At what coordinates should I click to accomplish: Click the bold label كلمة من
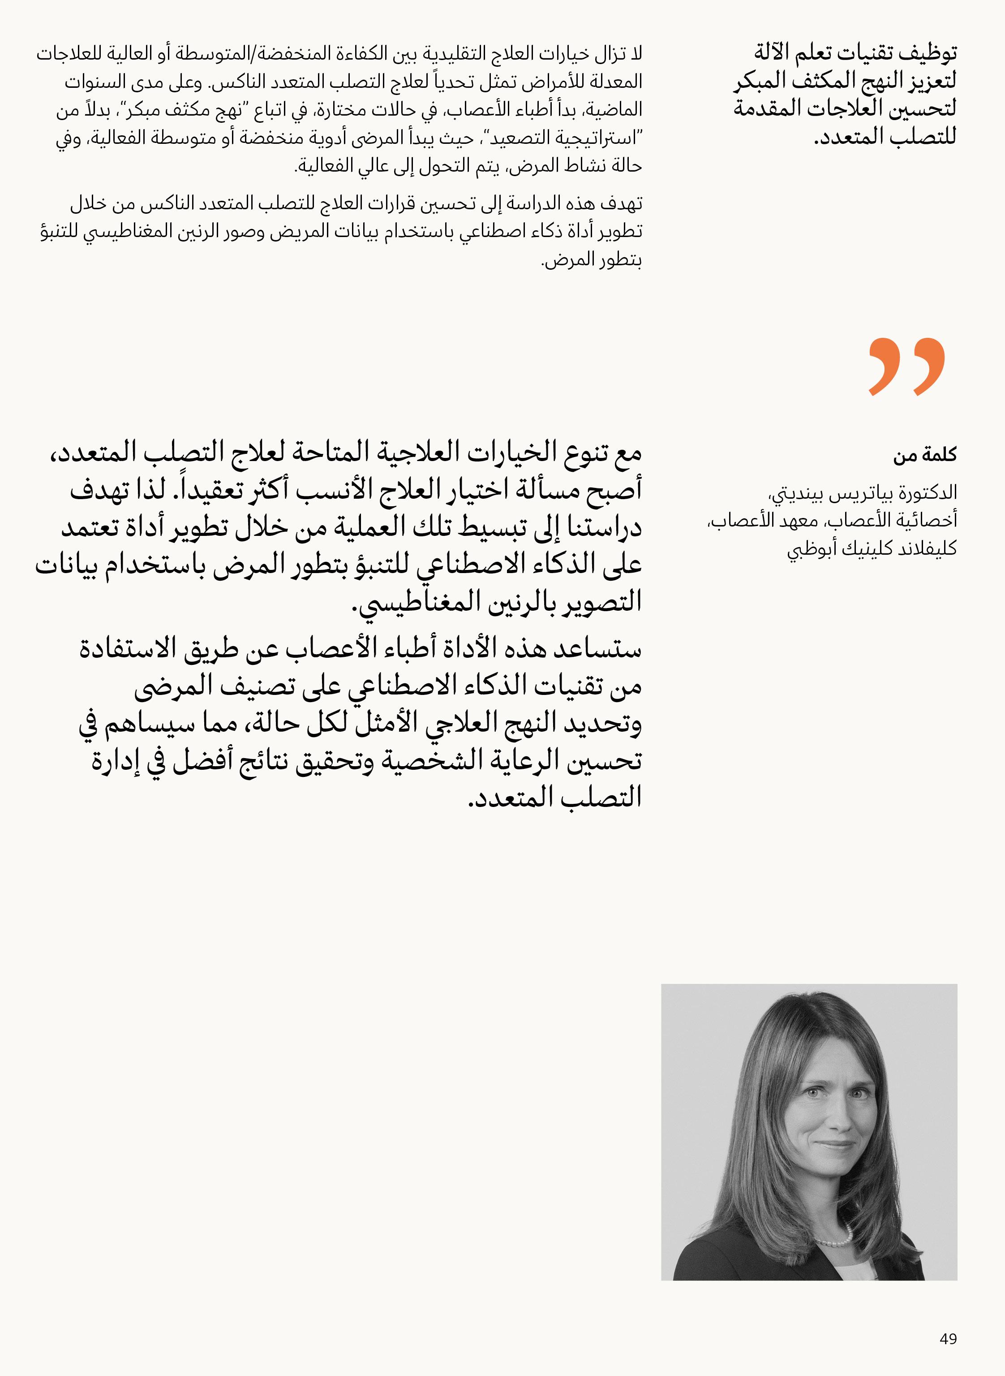(x=925, y=455)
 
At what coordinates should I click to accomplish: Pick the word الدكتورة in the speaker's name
(x=928, y=492)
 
